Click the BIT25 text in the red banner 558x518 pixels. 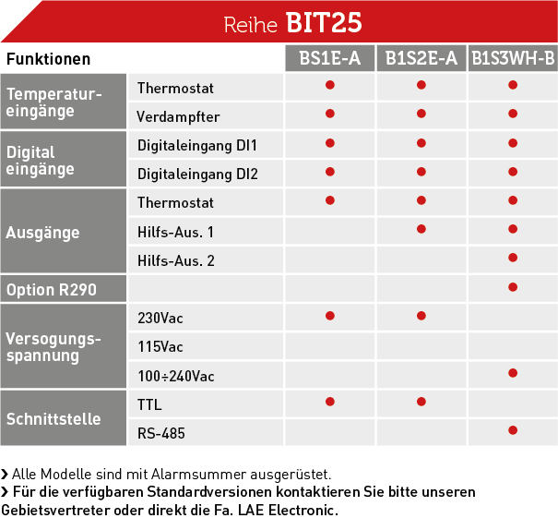click(324, 22)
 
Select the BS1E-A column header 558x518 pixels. click(330, 58)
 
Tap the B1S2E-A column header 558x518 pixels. click(421, 58)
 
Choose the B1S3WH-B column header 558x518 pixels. click(513, 58)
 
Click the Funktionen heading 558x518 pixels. click(48, 59)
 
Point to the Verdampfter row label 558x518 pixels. click(178, 117)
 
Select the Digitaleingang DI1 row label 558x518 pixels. click(197, 145)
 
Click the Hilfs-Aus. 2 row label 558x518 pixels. click(176, 260)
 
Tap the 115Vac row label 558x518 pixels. click(160, 346)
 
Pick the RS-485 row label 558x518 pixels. click(161, 433)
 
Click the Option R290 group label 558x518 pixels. click(52, 290)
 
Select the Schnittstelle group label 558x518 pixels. click(53, 419)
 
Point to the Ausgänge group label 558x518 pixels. click(42, 233)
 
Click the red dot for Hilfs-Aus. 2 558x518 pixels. click(513, 258)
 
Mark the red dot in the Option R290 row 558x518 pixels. click(513, 287)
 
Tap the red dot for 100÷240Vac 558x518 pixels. click(513, 373)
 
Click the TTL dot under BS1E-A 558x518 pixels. click(330, 402)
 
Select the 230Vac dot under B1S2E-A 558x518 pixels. click(421, 316)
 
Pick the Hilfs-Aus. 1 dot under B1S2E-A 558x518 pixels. click(421, 229)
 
